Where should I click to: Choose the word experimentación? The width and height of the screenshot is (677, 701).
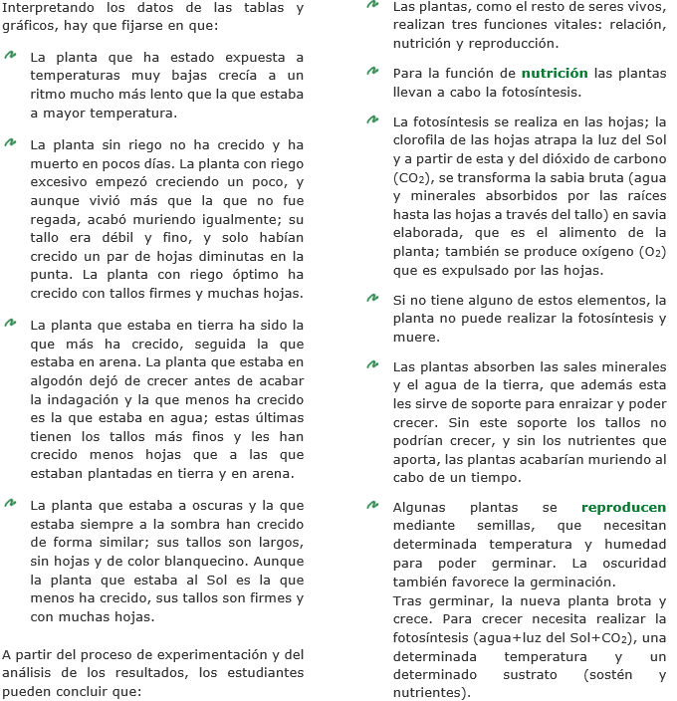pos(215,654)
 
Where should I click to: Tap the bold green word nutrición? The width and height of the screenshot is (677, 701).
pos(555,73)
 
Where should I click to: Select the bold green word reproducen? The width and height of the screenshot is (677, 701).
pos(623,507)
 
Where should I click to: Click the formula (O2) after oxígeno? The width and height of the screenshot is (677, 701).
pos(647,252)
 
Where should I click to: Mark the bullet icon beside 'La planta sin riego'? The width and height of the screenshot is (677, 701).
pos(11,143)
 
